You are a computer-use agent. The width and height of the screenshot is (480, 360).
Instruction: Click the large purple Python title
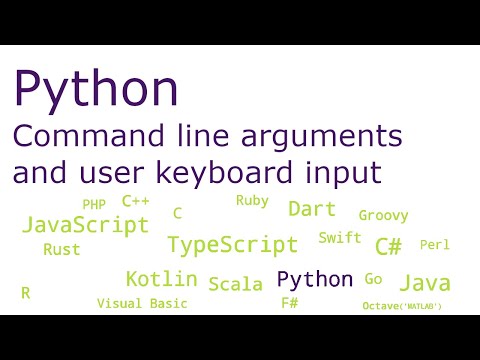pos(96,91)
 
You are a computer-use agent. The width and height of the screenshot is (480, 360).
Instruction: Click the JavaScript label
pos(85,223)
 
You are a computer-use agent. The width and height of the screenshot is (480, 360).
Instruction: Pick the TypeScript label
pos(232,245)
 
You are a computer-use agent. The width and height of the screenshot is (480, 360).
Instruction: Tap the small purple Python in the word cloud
pos(314,279)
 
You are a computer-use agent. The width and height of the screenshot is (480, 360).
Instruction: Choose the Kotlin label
pos(161,279)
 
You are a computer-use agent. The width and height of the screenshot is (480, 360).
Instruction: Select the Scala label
pos(235,284)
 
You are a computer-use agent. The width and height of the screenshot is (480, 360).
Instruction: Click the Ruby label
pos(252,200)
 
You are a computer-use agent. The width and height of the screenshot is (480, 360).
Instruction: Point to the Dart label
pos(311,209)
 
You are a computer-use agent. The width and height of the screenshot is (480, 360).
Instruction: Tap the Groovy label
pos(383,215)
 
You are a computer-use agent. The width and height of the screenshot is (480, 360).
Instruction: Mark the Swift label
pos(340,238)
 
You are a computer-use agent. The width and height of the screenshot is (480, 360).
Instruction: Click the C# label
pos(388,246)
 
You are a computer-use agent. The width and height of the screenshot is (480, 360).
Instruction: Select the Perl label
pos(435,245)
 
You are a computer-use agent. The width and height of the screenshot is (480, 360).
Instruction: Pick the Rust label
pos(62,250)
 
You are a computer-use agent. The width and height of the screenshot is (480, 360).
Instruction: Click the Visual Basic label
pos(142,303)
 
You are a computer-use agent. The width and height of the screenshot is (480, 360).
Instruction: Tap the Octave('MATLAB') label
pos(402,306)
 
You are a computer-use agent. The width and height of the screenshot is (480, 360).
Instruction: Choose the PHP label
pos(94,205)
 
